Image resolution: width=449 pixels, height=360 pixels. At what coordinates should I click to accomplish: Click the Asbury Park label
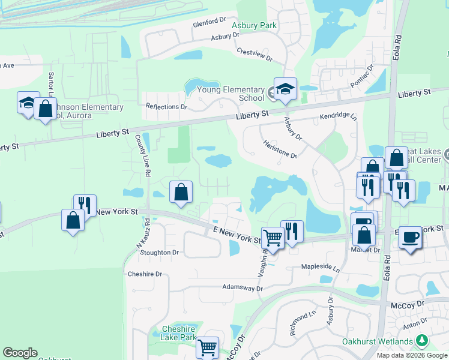[x=259, y=25]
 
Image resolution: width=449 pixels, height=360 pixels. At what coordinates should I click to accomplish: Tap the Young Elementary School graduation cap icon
[x=285, y=89]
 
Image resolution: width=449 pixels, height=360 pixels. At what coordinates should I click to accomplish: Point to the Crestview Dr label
[x=255, y=55]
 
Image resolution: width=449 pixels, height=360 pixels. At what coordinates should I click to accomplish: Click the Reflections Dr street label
[x=166, y=107]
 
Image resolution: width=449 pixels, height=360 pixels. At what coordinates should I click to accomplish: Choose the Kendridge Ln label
[x=338, y=116]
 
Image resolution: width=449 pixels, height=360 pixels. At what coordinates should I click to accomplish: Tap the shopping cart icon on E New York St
[x=273, y=238]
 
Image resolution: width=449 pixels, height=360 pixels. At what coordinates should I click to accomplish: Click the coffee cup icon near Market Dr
[x=411, y=236]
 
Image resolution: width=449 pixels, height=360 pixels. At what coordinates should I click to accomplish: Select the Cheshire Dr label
[x=145, y=274]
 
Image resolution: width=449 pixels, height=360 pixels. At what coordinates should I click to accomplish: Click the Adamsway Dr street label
[x=243, y=289]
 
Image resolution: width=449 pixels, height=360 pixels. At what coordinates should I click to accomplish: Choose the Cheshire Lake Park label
[x=179, y=333]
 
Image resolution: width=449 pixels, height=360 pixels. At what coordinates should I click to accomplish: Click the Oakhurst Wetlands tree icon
[x=423, y=341]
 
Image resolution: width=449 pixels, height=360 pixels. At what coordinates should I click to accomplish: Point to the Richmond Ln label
[x=303, y=323]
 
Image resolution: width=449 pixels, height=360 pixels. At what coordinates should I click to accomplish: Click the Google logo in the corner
[x=20, y=353]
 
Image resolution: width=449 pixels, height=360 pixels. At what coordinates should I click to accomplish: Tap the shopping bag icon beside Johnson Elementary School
[x=45, y=109]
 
